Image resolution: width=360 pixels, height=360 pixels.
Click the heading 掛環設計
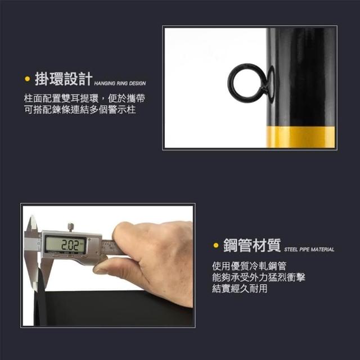[64, 79]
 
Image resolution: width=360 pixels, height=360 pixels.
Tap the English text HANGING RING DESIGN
[120, 83]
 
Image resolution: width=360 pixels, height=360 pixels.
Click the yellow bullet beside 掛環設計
[28, 79]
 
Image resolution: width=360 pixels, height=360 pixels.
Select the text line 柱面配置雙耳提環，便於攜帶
[84, 98]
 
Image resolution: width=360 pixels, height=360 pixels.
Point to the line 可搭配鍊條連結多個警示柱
[80, 110]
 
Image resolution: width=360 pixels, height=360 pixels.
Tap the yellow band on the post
[301, 137]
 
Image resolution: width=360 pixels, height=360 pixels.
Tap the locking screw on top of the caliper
[71, 227]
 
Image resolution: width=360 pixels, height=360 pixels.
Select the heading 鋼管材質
[252, 245]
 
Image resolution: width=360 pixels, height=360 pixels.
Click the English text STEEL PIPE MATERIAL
[309, 250]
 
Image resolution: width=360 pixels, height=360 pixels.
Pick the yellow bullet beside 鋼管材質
[216, 245]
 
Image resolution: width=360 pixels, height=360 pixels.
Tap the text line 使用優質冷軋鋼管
[249, 266]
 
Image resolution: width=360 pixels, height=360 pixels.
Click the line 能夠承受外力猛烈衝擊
[259, 277]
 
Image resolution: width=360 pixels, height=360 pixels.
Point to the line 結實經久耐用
[240, 289]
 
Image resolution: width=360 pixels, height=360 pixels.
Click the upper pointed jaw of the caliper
[31, 224]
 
